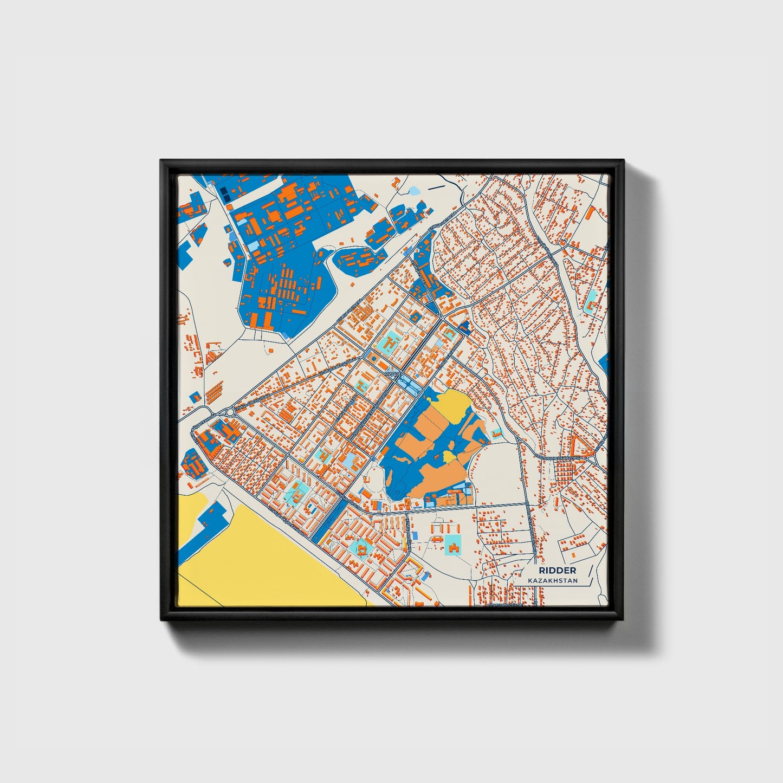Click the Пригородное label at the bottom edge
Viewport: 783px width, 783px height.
[504, 603]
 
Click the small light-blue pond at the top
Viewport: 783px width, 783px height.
[415, 191]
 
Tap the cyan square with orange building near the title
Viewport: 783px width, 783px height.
[452, 545]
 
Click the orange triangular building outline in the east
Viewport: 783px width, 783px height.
[581, 446]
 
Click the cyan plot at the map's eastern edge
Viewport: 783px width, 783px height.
[592, 298]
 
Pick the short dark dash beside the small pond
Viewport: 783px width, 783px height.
[435, 187]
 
